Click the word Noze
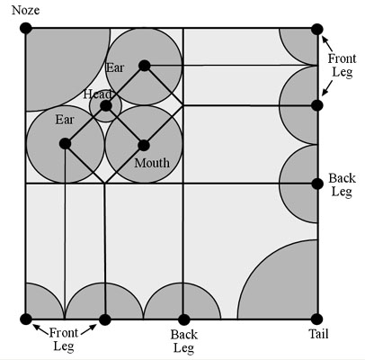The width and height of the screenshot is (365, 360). (x=25, y=10)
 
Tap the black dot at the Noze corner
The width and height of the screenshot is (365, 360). (x=26, y=28)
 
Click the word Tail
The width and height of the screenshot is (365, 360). (x=318, y=334)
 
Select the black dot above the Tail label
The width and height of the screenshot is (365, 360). (x=316, y=319)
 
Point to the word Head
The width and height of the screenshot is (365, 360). (x=98, y=94)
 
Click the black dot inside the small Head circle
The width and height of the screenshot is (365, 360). (x=106, y=106)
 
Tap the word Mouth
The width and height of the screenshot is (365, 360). (x=152, y=163)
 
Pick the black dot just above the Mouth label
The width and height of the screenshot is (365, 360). (x=144, y=146)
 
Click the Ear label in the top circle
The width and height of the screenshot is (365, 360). (x=115, y=67)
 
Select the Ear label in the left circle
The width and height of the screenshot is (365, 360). (x=65, y=120)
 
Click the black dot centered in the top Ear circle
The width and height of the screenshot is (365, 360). (x=145, y=66)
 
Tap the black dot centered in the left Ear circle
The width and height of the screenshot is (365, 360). (x=65, y=144)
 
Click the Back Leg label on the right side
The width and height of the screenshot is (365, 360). (x=342, y=184)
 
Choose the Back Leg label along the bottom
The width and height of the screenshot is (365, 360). (x=184, y=341)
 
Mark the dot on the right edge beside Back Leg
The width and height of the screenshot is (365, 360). (x=317, y=184)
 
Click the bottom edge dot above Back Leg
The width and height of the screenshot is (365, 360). (x=184, y=319)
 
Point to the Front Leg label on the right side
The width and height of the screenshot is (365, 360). (x=342, y=65)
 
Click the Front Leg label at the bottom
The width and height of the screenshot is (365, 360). (x=64, y=339)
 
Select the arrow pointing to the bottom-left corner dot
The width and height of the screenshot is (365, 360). (x=40, y=329)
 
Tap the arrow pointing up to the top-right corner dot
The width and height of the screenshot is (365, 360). (x=327, y=43)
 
